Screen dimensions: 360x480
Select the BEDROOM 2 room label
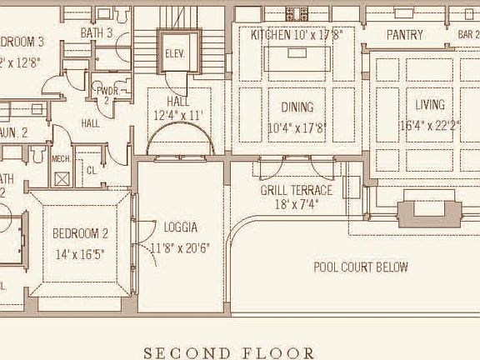(x=81, y=233)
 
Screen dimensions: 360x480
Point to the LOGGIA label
(x=181, y=227)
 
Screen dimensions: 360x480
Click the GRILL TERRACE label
(x=296, y=190)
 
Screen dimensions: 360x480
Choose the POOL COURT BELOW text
(x=360, y=267)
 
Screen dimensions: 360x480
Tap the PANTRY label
(x=405, y=35)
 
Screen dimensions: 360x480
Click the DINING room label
(x=297, y=107)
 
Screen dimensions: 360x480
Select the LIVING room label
(x=430, y=105)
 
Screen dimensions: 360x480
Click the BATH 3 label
(x=97, y=32)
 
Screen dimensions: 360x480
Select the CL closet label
(x=91, y=171)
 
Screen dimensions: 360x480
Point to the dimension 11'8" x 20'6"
(x=180, y=247)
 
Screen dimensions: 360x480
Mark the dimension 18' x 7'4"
(x=296, y=205)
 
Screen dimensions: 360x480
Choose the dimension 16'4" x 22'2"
(x=430, y=126)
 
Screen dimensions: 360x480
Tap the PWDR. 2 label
(x=106, y=94)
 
